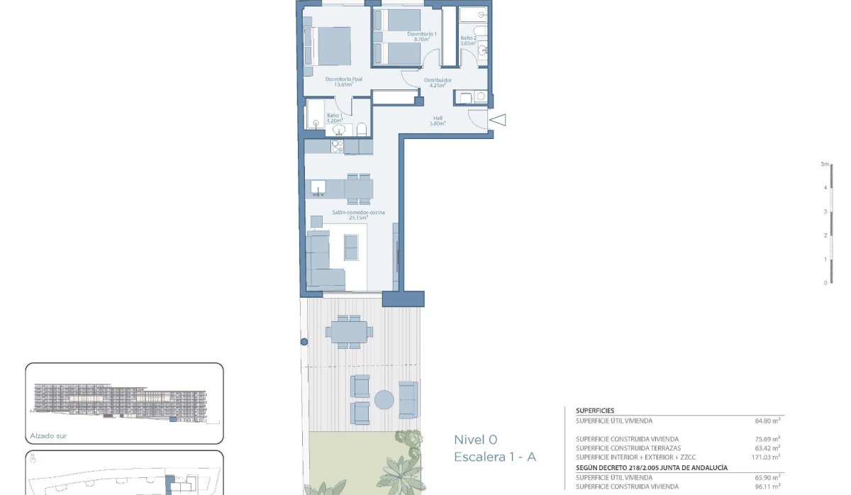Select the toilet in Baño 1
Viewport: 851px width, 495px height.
pyautogui.click(x=361, y=128)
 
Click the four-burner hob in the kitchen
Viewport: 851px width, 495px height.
pyautogui.click(x=338, y=146)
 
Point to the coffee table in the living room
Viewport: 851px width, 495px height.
pyautogui.click(x=352, y=247)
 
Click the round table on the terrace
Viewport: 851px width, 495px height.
pyautogui.click(x=384, y=400)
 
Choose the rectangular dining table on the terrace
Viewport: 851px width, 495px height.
pyautogui.click(x=348, y=331)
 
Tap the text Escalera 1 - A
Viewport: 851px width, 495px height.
pyautogui.click(x=495, y=457)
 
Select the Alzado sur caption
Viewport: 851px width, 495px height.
pyautogui.click(x=48, y=436)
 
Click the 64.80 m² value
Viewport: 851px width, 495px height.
pyautogui.click(x=767, y=421)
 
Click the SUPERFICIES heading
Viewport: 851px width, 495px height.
pyautogui.click(x=595, y=411)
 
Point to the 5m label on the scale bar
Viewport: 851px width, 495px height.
pyautogui.click(x=824, y=164)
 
